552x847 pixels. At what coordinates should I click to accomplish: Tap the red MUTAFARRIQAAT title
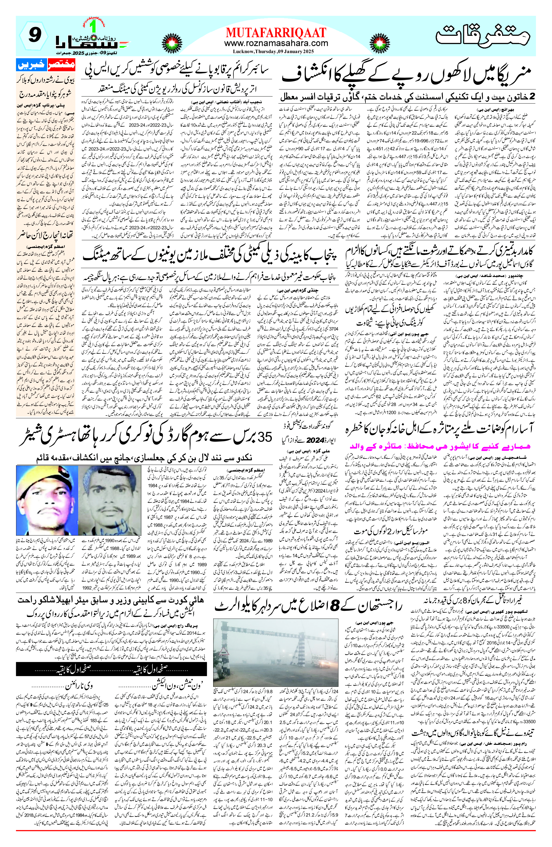tap(276, 33)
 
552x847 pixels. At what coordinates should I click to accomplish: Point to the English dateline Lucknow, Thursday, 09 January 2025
tap(276, 52)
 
